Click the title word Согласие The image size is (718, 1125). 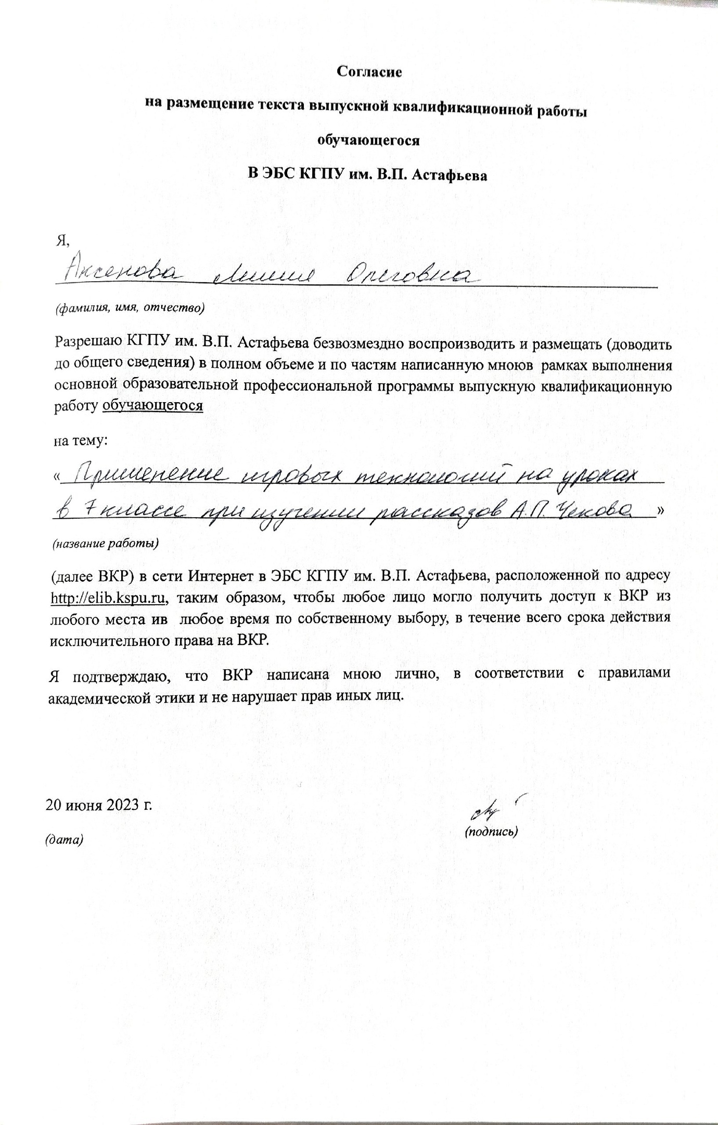pos(369,72)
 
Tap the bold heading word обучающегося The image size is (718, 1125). pos(368,141)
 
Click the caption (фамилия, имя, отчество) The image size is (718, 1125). pos(130,308)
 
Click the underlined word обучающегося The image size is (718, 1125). pos(152,406)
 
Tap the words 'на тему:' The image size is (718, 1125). pos(81,440)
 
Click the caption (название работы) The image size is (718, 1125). pos(105,544)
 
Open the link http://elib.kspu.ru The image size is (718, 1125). pos(108,599)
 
